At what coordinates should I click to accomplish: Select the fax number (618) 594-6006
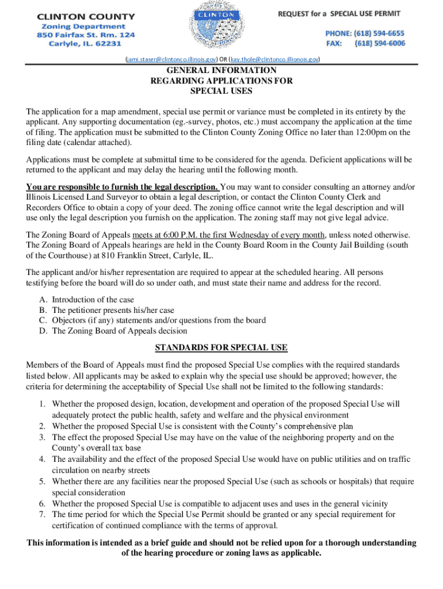(379, 43)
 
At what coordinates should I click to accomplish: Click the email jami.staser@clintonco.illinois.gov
(172, 59)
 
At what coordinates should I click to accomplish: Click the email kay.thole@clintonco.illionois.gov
(275, 59)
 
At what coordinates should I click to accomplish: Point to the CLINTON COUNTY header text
(86, 17)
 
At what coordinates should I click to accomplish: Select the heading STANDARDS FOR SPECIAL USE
(221, 348)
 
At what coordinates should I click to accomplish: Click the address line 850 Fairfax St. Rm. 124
(86, 35)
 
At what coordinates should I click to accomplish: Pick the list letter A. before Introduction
(43, 300)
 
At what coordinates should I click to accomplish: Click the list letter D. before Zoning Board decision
(43, 331)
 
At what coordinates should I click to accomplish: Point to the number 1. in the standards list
(43, 404)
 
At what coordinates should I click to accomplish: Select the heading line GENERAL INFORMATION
(221, 71)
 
